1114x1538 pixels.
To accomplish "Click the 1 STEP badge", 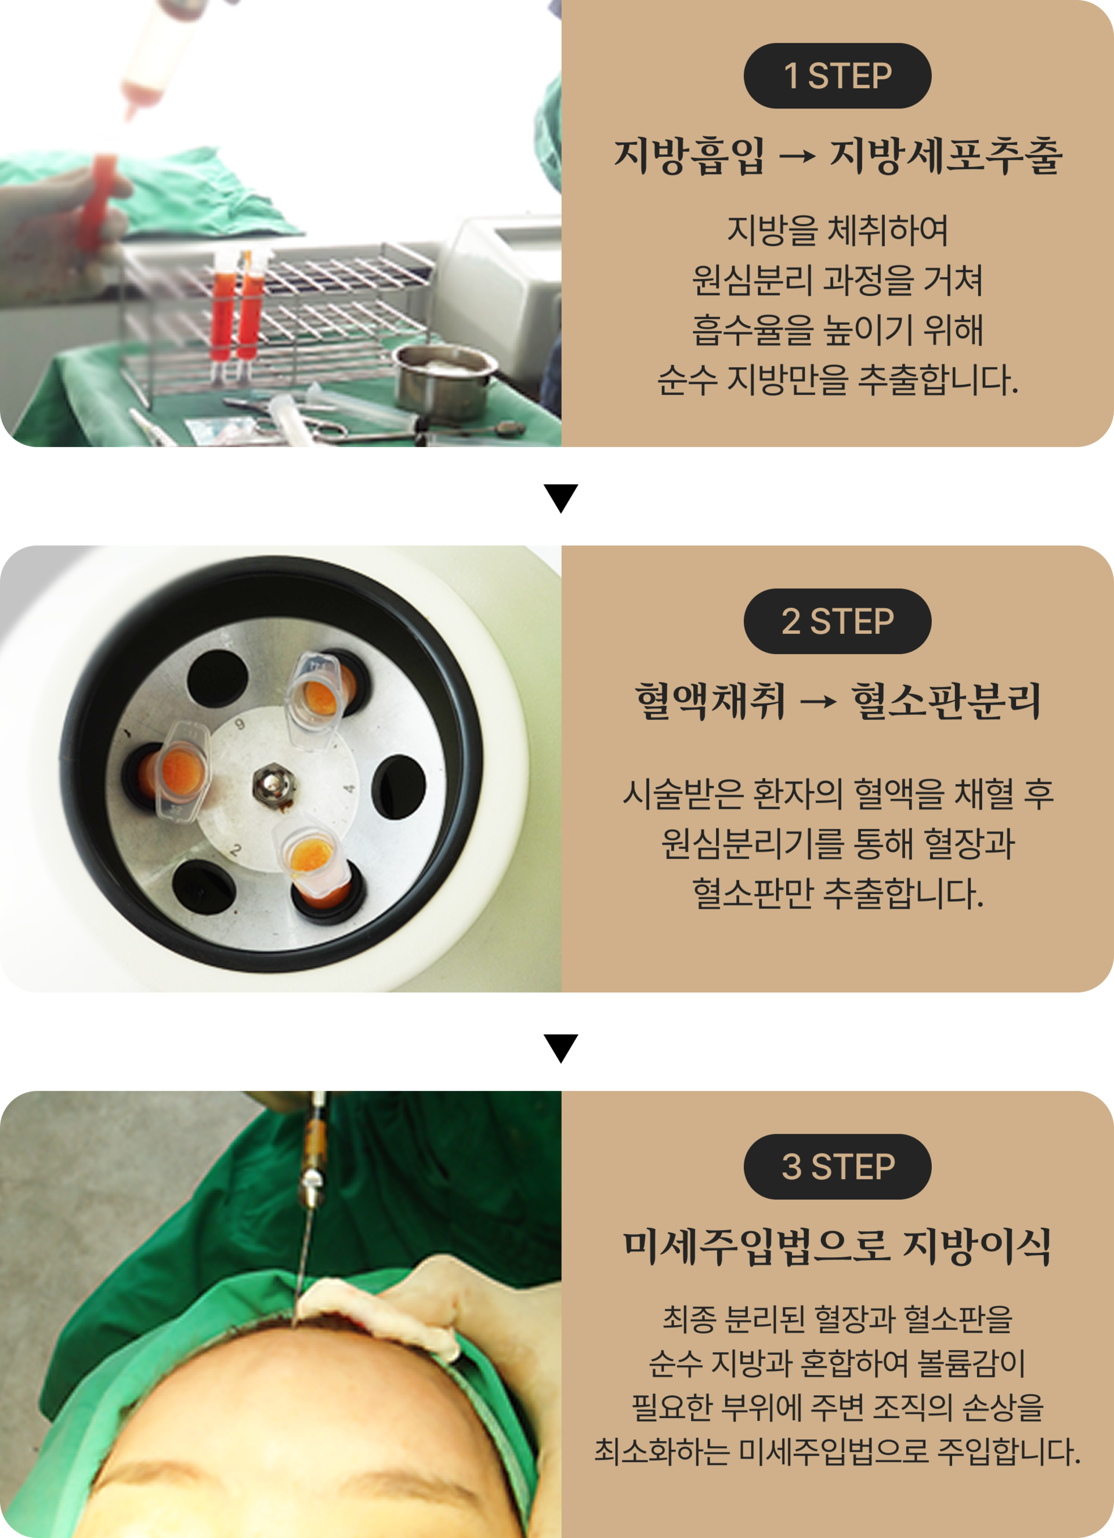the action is [837, 76].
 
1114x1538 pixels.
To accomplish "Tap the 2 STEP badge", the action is [837, 621].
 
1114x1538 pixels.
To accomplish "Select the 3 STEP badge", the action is [837, 1167].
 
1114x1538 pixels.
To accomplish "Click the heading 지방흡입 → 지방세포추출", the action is [838, 156].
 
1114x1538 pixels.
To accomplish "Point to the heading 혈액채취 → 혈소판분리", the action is [838, 701].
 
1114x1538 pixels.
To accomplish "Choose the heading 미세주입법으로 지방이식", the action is [838, 1246].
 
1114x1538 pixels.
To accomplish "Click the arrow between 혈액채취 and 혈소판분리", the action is [818, 702].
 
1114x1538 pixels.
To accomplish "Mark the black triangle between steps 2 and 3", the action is [561, 1049].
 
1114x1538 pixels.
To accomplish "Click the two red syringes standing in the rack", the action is [236, 309].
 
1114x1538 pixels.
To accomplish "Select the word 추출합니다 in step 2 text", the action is [903, 893].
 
